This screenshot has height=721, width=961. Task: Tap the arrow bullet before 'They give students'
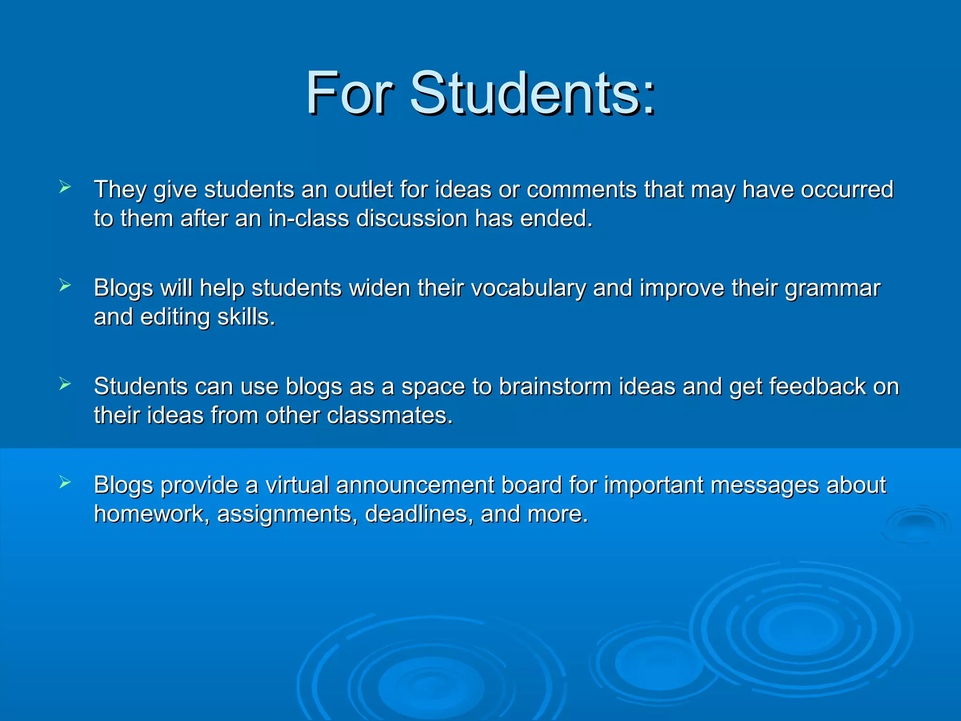click(65, 187)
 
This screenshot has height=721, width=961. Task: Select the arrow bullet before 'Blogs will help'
click(65, 285)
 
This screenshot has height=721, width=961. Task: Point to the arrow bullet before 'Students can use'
click(65, 384)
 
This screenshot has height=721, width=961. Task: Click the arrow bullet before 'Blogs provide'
click(65, 482)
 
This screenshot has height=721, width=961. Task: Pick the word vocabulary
click(528, 288)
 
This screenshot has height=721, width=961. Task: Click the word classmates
click(389, 416)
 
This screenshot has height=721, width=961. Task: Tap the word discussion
click(412, 219)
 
